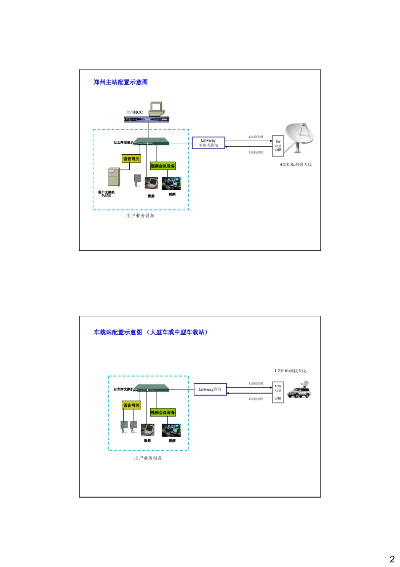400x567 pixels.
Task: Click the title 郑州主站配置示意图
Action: click(x=120, y=82)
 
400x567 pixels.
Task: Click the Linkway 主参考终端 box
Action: click(x=208, y=143)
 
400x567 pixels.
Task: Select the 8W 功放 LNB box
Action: click(x=278, y=146)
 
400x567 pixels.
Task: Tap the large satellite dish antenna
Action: click(x=300, y=136)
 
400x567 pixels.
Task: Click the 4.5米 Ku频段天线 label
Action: click(x=296, y=164)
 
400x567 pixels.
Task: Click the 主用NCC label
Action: click(x=134, y=112)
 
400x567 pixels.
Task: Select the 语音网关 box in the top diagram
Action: click(x=131, y=159)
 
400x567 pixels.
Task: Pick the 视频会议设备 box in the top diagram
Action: click(x=163, y=166)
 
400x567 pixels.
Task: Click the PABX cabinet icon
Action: click(x=114, y=177)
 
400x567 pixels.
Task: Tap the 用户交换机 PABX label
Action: click(x=106, y=194)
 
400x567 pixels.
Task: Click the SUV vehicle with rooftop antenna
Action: click(x=299, y=391)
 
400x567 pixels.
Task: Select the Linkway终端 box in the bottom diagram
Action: click(x=210, y=389)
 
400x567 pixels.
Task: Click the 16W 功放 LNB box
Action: click(x=278, y=392)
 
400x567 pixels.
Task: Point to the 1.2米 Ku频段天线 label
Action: click(x=290, y=371)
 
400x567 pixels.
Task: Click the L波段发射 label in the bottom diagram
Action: click(x=256, y=383)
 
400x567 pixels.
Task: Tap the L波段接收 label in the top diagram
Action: click(x=256, y=152)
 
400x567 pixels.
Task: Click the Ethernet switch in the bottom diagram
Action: click(x=152, y=388)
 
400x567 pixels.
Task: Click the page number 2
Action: click(x=392, y=559)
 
